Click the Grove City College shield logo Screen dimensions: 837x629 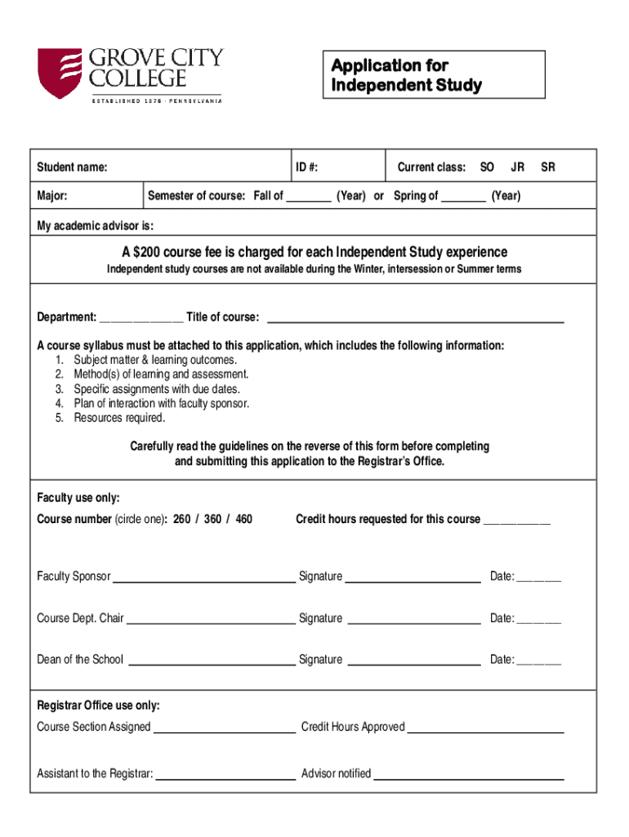60,74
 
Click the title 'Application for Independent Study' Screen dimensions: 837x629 406,75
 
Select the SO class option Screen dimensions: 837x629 487,168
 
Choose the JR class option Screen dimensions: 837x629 517,168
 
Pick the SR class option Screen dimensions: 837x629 548,168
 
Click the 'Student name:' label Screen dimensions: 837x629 72,168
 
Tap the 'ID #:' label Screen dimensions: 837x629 307,168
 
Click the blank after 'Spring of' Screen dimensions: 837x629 463,197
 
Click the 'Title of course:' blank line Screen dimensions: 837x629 416,319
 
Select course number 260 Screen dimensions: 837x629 182,519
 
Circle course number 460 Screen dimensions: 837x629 243,519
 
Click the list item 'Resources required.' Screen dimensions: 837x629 119,418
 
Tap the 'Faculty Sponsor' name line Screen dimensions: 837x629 203,579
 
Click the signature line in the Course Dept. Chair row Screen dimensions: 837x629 413,620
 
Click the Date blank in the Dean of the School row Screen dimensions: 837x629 538,661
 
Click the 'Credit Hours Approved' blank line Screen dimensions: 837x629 485,729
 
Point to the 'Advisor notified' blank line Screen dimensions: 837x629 469,776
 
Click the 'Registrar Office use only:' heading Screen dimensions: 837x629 98,705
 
